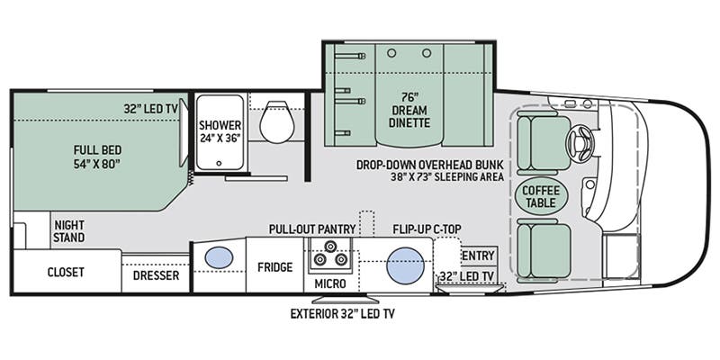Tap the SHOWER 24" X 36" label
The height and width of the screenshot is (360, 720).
tap(220, 132)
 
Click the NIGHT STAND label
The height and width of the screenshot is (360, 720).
tap(69, 231)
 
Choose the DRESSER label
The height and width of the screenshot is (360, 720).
tap(157, 274)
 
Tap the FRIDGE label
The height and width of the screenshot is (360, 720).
tap(275, 266)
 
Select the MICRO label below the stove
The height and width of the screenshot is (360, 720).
tap(330, 285)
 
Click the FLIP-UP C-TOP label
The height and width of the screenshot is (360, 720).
tap(427, 229)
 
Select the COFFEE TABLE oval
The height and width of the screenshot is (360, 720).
tap(541, 197)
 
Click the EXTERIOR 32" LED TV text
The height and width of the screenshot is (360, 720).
tap(342, 314)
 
